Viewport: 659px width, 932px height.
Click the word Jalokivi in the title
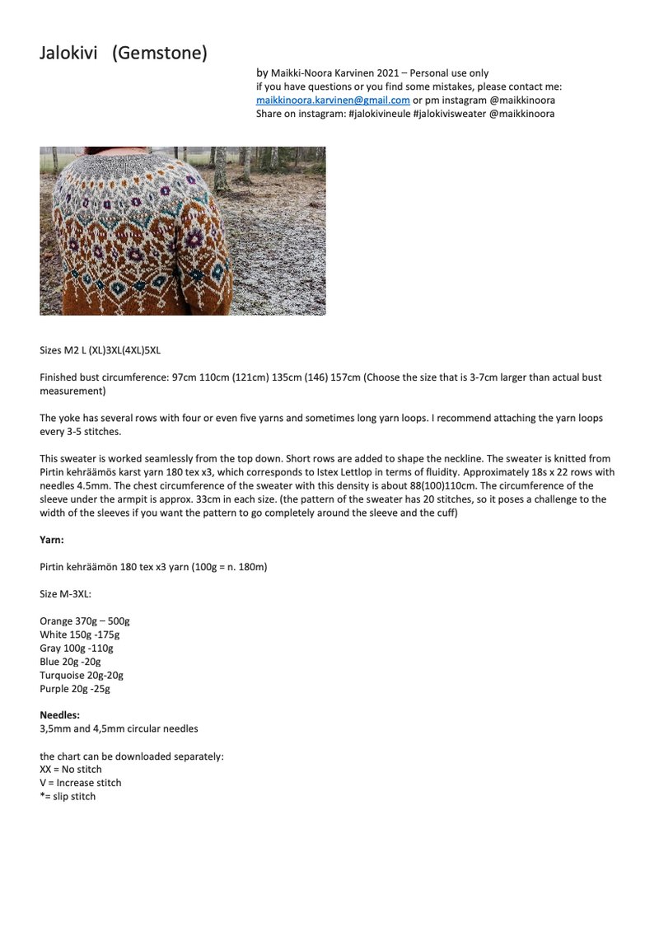point(68,54)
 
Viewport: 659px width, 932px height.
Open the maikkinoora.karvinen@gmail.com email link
point(333,100)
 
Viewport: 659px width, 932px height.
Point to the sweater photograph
point(182,231)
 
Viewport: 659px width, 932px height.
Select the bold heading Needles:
point(59,715)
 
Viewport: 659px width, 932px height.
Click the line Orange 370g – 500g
point(84,621)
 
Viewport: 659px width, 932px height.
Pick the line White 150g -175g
point(79,635)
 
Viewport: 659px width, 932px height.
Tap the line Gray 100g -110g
point(77,648)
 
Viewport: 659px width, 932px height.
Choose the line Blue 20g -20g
point(70,662)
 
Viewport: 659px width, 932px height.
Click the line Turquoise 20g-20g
point(81,675)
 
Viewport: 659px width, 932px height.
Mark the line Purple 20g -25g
point(74,688)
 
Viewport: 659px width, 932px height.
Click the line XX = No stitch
point(71,770)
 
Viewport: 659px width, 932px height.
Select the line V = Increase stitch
point(80,783)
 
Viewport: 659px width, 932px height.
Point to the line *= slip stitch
point(68,797)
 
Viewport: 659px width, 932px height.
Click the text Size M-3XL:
point(66,594)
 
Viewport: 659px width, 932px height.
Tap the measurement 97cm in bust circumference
point(185,377)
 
